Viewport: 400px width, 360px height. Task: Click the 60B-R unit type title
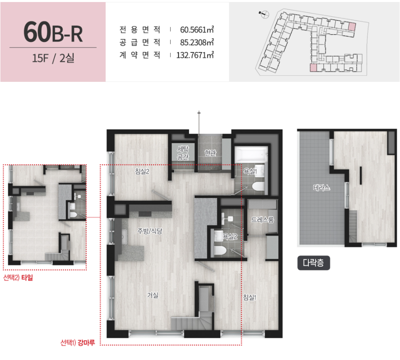(x=53, y=32)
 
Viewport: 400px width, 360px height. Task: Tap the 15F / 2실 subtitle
(x=53, y=58)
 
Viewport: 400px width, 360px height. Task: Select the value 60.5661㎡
(x=197, y=29)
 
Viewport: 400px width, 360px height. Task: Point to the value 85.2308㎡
(x=197, y=42)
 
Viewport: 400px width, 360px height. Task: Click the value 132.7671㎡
(x=195, y=55)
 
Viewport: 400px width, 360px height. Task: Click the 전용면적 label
(x=140, y=29)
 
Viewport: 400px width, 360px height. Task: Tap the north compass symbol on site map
(x=264, y=14)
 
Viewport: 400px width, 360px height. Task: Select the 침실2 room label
(x=142, y=171)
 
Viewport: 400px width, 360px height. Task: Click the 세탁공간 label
(x=183, y=153)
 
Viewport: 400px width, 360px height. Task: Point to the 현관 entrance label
(x=210, y=153)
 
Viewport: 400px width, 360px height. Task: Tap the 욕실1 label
(x=250, y=171)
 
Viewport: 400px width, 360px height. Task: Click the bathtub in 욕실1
(x=252, y=154)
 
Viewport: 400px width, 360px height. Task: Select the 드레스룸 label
(x=262, y=220)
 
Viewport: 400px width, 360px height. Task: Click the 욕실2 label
(x=230, y=237)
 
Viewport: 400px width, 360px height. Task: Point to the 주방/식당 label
(x=150, y=231)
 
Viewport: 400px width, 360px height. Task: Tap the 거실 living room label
(x=153, y=295)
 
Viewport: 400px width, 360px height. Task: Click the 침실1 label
(x=250, y=297)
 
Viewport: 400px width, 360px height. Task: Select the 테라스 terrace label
(x=321, y=187)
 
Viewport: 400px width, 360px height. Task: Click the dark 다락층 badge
(x=314, y=263)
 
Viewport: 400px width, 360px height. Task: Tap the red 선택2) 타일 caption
(x=18, y=277)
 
